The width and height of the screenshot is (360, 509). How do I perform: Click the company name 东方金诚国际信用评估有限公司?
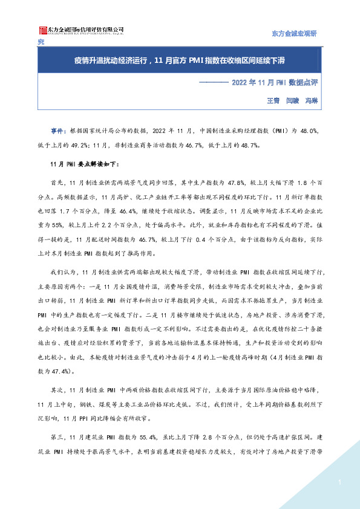(x=85, y=28)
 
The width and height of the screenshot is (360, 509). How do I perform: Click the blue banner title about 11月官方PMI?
(x=180, y=62)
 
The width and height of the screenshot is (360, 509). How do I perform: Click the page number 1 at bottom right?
(x=341, y=482)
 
